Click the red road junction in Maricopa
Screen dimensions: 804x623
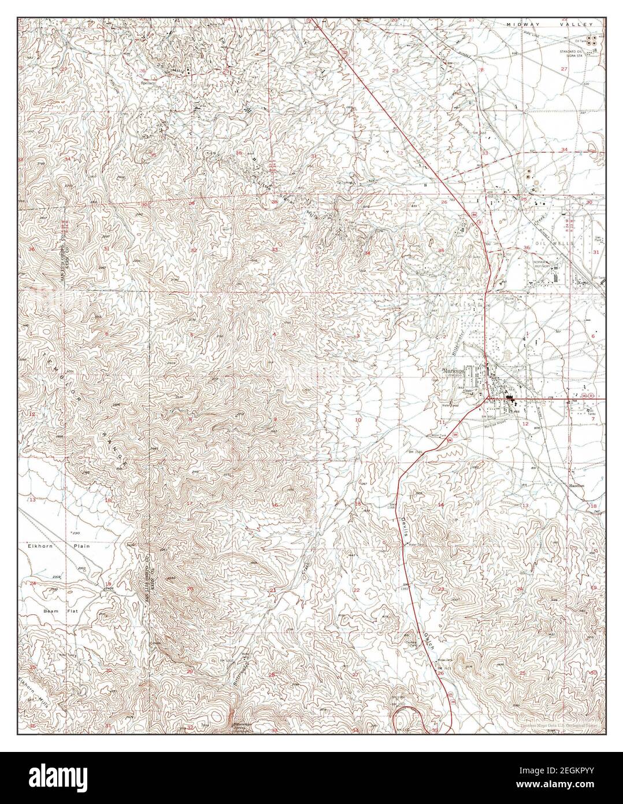(x=488, y=397)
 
